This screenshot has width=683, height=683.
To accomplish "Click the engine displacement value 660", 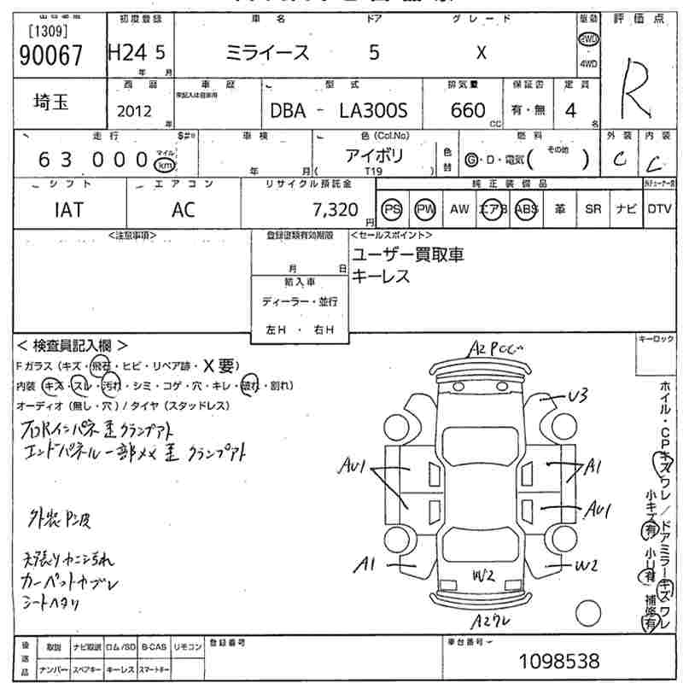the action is [468, 110].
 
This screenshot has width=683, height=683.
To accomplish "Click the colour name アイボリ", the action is [374, 155].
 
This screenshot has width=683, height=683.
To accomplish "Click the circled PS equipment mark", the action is [392, 209].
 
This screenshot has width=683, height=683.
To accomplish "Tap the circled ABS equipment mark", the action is [525, 209].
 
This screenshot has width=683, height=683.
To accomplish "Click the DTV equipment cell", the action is [658, 209].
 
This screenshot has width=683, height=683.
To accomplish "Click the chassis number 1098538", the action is [559, 661].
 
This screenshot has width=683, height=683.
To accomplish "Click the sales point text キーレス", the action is [381, 277].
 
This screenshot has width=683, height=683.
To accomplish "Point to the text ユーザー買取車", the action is [408, 255].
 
